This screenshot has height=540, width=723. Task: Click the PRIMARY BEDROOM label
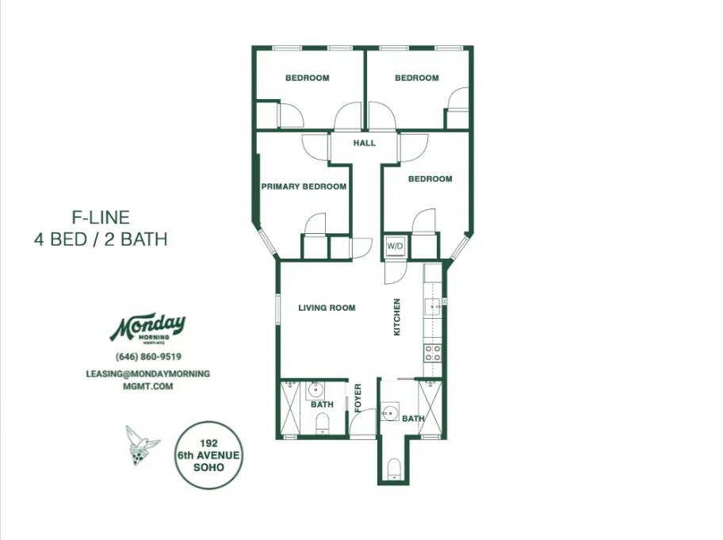coord(304,187)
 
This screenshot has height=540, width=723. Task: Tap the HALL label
coord(364,144)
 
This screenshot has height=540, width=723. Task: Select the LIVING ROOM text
coord(327,308)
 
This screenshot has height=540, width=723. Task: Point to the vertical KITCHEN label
coord(397,317)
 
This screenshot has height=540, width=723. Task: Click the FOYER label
coord(358,398)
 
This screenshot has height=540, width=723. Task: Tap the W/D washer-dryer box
coord(395,246)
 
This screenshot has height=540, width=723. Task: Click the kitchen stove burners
coord(433,354)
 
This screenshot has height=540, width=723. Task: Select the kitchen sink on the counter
coord(433,305)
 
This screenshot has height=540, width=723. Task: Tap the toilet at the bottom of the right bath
coord(393,469)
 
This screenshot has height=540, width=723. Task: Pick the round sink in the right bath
coord(388,412)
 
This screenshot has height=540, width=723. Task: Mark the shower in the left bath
coord(289,407)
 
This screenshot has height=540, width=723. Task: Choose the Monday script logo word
coord(147,325)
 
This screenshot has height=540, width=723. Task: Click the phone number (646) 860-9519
coord(148,357)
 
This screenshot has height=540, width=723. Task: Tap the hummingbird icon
coord(141,443)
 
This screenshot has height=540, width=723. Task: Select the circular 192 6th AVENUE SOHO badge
coord(209,456)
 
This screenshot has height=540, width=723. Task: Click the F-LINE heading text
coord(101,216)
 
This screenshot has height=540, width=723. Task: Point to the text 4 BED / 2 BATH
coord(101,239)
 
